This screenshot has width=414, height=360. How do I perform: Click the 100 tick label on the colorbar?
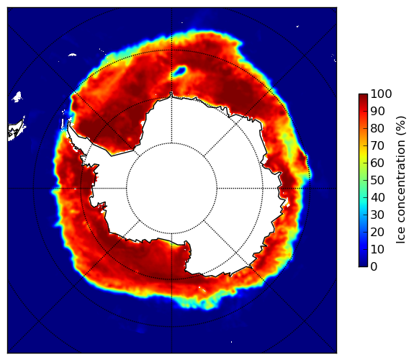point(381,94)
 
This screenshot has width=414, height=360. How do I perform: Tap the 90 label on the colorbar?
point(377,111)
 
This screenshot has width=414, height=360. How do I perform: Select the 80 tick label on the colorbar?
point(377,129)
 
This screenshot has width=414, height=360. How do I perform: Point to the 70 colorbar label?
point(377,145)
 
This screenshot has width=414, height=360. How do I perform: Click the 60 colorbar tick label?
point(377,163)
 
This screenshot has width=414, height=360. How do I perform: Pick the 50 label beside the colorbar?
point(377,181)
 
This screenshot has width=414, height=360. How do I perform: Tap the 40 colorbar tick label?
point(377,197)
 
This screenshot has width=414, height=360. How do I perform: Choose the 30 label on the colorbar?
point(377,215)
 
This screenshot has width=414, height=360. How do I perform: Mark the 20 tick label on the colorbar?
point(377,232)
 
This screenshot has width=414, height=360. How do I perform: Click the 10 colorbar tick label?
point(377,249)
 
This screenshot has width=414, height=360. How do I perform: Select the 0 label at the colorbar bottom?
point(374,267)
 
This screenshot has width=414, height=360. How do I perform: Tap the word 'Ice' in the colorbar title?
point(400,237)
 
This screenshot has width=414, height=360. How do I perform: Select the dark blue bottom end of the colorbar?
point(363,265)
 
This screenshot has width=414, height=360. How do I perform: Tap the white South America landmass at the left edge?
point(16,130)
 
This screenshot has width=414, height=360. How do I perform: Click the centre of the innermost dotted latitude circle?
point(171,189)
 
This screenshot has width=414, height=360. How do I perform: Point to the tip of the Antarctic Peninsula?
point(69,123)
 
